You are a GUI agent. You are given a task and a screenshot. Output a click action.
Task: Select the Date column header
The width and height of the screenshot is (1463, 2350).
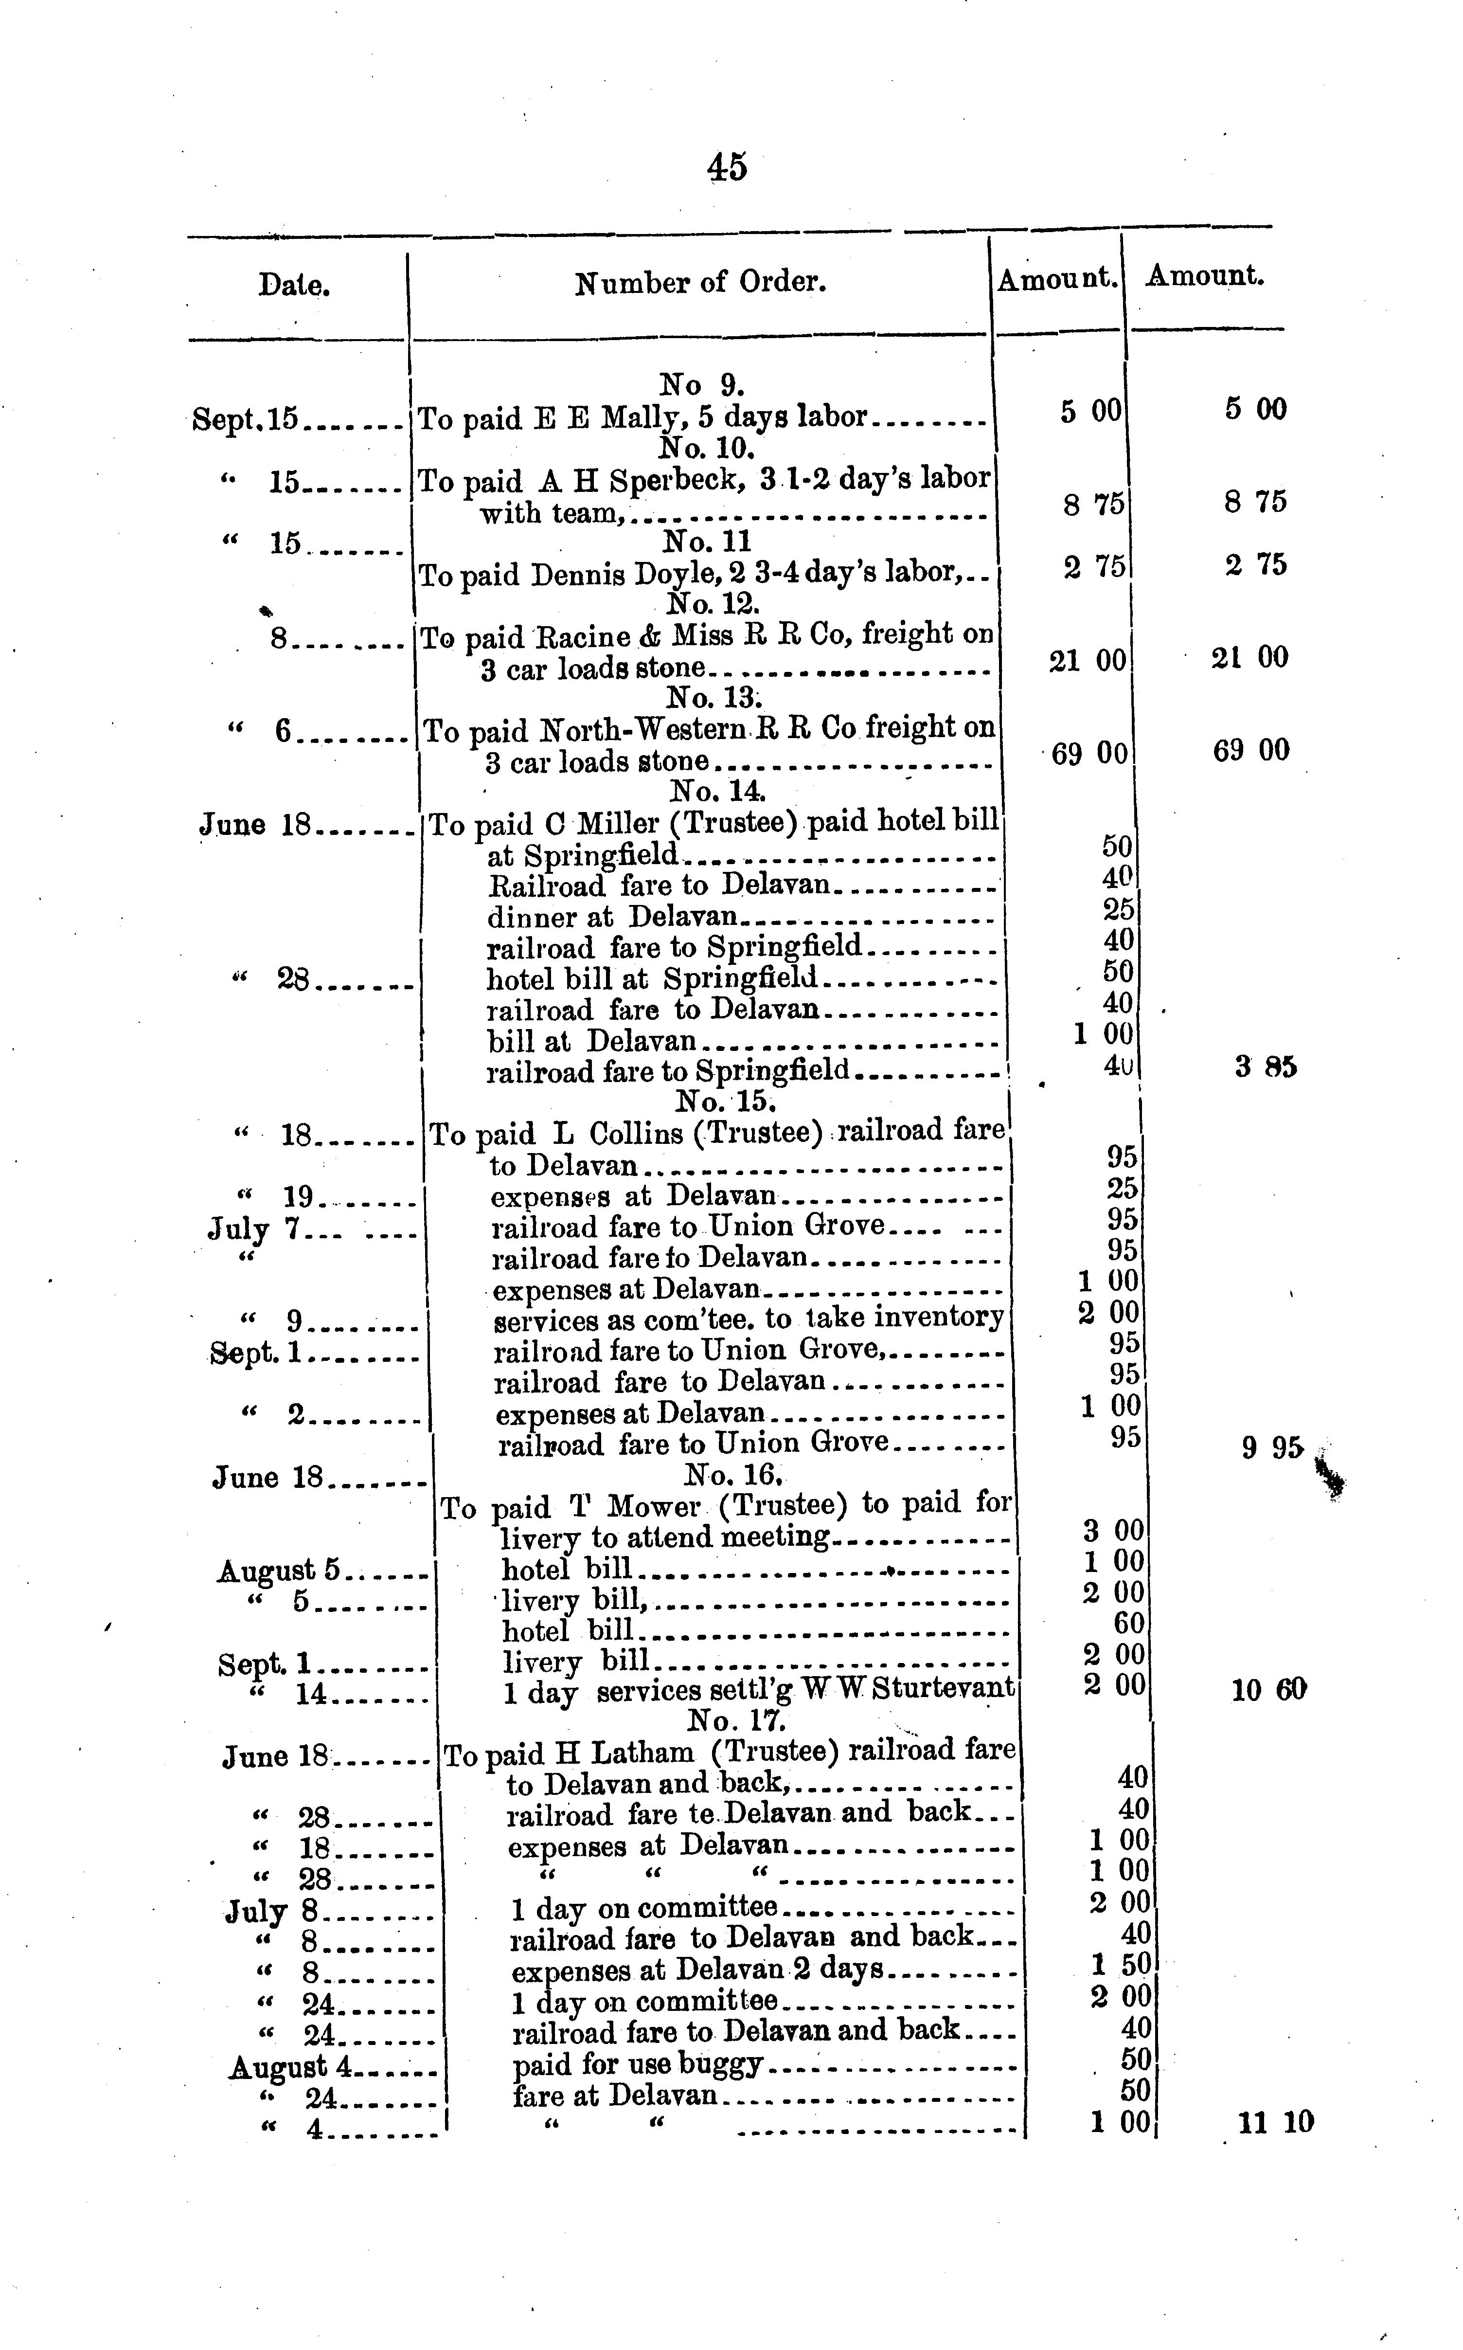click(294, 285)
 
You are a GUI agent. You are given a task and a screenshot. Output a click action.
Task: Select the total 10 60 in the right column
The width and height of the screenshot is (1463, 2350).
click(1268, 1690)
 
